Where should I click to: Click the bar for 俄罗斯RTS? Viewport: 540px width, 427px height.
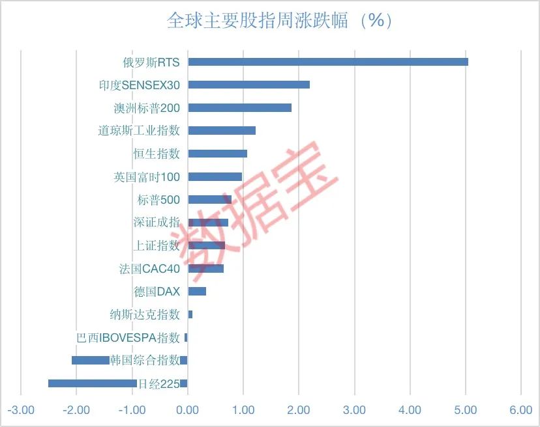328,62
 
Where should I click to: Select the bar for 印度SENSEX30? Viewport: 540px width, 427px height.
248,85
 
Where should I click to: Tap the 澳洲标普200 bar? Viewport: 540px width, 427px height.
239,107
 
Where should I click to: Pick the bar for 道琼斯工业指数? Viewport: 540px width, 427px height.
222,130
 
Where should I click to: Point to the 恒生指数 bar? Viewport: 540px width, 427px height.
217,154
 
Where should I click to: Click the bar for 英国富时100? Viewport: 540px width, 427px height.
215,176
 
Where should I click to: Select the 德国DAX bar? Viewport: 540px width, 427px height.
197,291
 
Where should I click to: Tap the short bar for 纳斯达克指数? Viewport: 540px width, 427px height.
190,314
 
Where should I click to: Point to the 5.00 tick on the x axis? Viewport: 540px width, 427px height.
466,410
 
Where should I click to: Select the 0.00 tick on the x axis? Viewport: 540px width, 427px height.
187,410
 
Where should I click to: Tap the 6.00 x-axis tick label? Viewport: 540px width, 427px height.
521,410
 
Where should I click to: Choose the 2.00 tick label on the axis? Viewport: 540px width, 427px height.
298,410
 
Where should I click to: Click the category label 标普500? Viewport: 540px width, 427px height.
158,200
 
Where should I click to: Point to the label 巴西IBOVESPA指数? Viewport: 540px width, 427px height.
128,337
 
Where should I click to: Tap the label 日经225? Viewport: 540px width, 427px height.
158,384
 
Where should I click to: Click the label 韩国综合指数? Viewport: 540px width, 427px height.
145,360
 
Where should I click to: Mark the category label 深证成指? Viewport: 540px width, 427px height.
157,223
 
